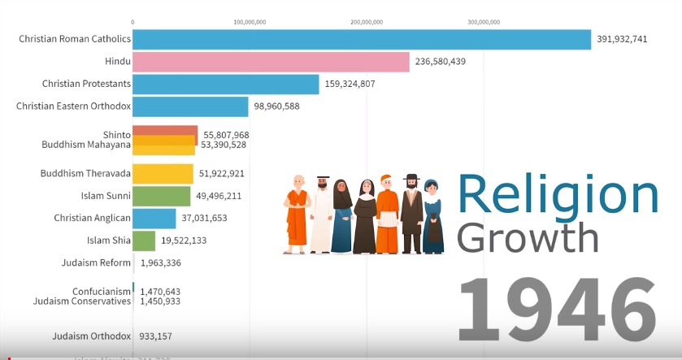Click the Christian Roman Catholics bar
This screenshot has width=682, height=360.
pos(362,39)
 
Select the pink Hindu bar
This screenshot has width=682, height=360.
pos(271,62)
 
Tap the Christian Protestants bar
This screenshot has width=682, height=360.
pos(225,84)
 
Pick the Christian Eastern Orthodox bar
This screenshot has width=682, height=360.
pos(190,106)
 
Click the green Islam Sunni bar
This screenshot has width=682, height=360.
pos(161,196)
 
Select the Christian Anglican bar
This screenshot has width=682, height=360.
pos(154,218)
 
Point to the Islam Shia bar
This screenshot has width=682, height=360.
pos(144,241)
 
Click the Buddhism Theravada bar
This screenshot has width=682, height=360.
pos(163,173)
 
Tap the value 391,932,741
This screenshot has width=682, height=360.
pos(622,39)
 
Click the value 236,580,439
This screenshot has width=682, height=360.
pos(440,62)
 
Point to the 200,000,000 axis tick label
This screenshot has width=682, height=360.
pos(367,22)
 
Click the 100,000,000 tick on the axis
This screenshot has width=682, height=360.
pos(250,22)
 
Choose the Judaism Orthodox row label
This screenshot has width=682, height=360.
pos(91,336)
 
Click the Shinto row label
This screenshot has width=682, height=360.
pos(116,134)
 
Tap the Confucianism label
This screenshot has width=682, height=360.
pos(101,291)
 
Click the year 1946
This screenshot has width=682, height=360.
pos(557,311)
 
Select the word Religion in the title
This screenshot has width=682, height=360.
pos(558,197)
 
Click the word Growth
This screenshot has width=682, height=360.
pos(528,238)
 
